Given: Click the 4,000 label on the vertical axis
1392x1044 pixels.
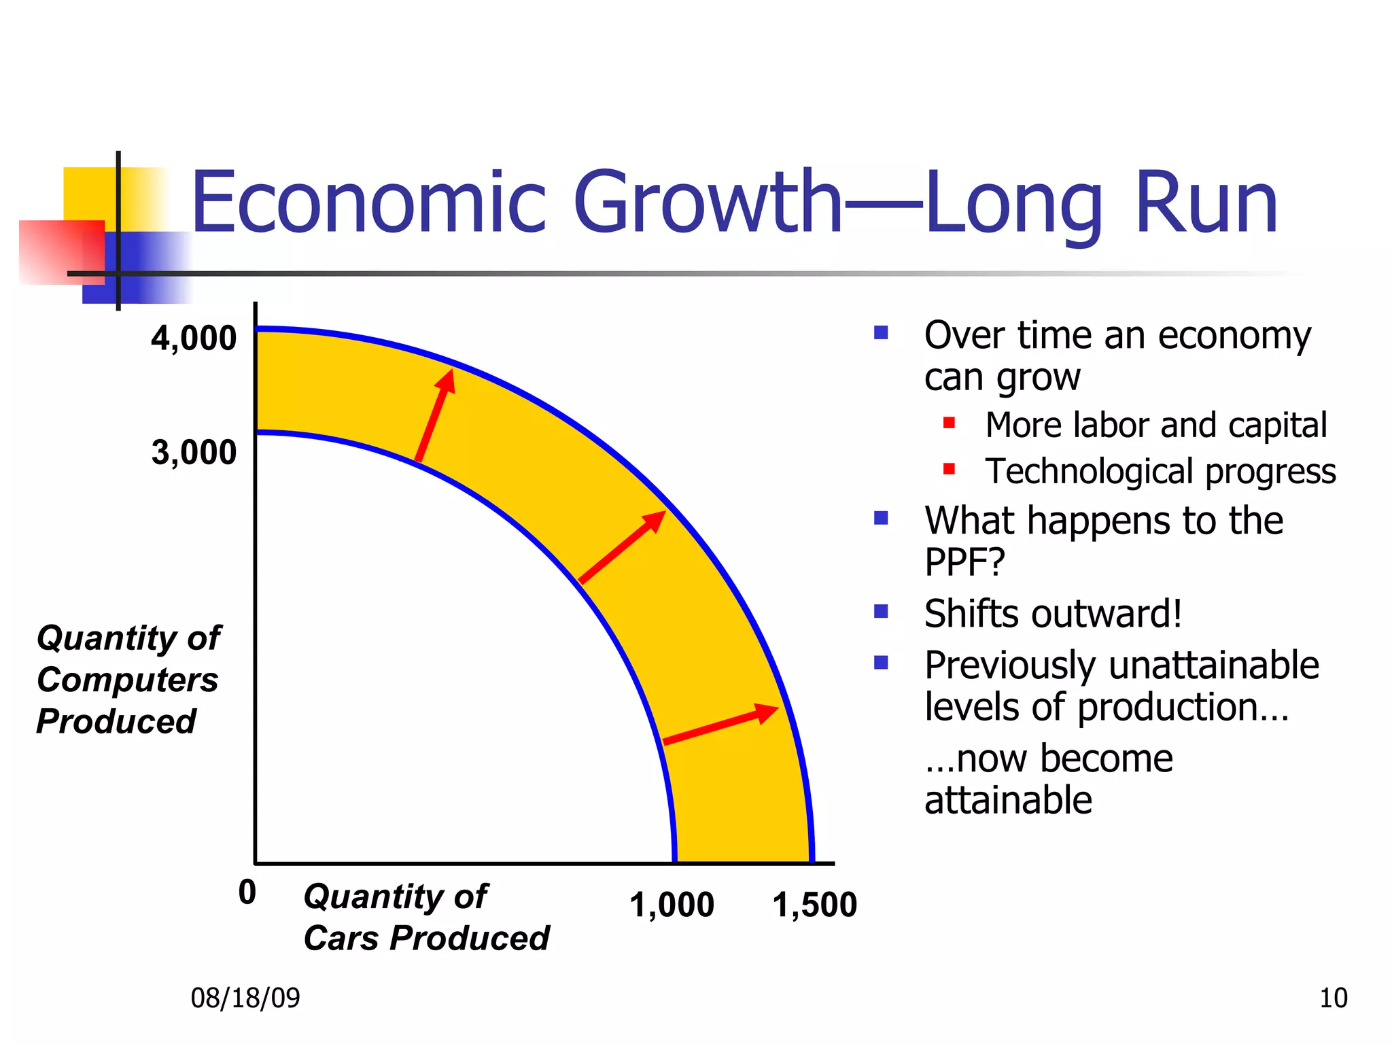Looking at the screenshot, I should coord(194,338).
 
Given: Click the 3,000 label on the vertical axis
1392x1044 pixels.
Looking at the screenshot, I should coord(194,452).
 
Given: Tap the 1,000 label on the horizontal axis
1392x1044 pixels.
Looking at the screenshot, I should coord(672,905).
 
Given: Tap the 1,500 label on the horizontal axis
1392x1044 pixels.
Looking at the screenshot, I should coord(814,905).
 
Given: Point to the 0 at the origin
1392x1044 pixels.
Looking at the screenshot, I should coord(247,892).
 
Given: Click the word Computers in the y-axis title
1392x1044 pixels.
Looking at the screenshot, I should coord(128,680).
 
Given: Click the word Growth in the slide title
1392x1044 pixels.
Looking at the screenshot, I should coord(707,203).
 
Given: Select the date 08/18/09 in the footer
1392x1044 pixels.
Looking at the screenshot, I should coord(245,998).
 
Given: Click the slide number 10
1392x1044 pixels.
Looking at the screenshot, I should coord(1333,998).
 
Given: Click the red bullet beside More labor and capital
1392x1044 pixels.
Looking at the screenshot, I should coord(950,423).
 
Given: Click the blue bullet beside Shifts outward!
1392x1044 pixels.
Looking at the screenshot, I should coord(882,611).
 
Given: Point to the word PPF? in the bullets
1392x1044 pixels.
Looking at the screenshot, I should coord(964,562).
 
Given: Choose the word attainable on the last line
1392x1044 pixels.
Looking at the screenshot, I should coord(1008,800).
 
